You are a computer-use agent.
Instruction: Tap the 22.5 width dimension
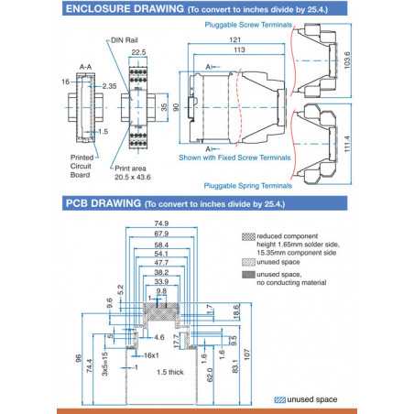(138, 53)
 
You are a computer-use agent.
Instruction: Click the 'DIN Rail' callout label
(126, 40)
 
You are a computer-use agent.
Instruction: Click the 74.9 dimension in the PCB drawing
(161, 223)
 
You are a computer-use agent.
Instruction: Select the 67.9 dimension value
(161, 234)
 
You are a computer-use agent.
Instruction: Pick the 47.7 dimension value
(161, 263)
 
